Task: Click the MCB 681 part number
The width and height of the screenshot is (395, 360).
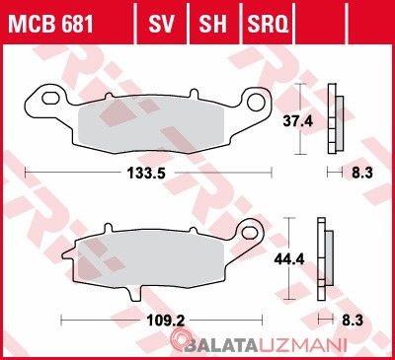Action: [x=51, y=24]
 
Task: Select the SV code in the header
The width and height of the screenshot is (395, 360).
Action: [x=161, y=24]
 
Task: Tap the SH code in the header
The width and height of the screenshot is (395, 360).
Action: [x=212, y=24]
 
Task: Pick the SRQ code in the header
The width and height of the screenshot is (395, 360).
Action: [x=268, y=24]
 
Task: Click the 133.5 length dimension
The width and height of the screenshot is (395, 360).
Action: [x=146, y=173]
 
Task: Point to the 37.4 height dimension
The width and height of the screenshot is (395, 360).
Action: [x=298, y=121]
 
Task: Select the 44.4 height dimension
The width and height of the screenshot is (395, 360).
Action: [x=289, y=259]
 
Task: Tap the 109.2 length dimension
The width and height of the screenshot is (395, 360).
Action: [x=166, y=320]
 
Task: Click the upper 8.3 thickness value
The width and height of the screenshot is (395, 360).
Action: [x=362, y=173]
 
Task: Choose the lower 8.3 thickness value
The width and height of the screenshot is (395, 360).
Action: [x=353, y=320]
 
